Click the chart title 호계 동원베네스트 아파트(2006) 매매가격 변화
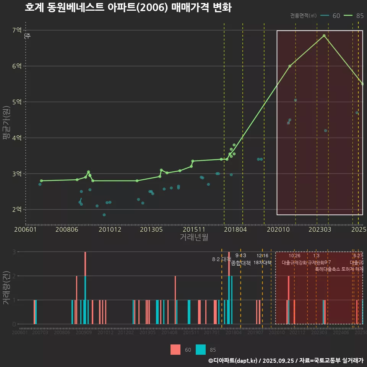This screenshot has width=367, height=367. click(x=128, y=8)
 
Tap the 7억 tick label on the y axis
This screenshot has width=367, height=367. click(x=17, y=30)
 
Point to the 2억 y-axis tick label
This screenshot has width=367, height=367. click(x=17, y=209)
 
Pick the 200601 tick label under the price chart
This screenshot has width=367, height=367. click(x=26, y=230)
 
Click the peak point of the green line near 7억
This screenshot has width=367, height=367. click(x=324, y=36)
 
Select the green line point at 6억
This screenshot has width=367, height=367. click(x=290, y=66)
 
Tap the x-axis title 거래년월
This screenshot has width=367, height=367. click(x=194, y=237)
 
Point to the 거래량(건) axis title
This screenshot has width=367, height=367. click(x=6, y=288)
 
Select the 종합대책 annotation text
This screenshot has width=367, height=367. click(x=241, y=263)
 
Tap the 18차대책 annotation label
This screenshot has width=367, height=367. click(x=262, y=263)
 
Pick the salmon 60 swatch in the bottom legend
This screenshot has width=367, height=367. click(x=175, y=349)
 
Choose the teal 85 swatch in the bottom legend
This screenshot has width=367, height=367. click(x=200, y=349)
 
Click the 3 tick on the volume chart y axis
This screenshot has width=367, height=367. click(x=14, y=252)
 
